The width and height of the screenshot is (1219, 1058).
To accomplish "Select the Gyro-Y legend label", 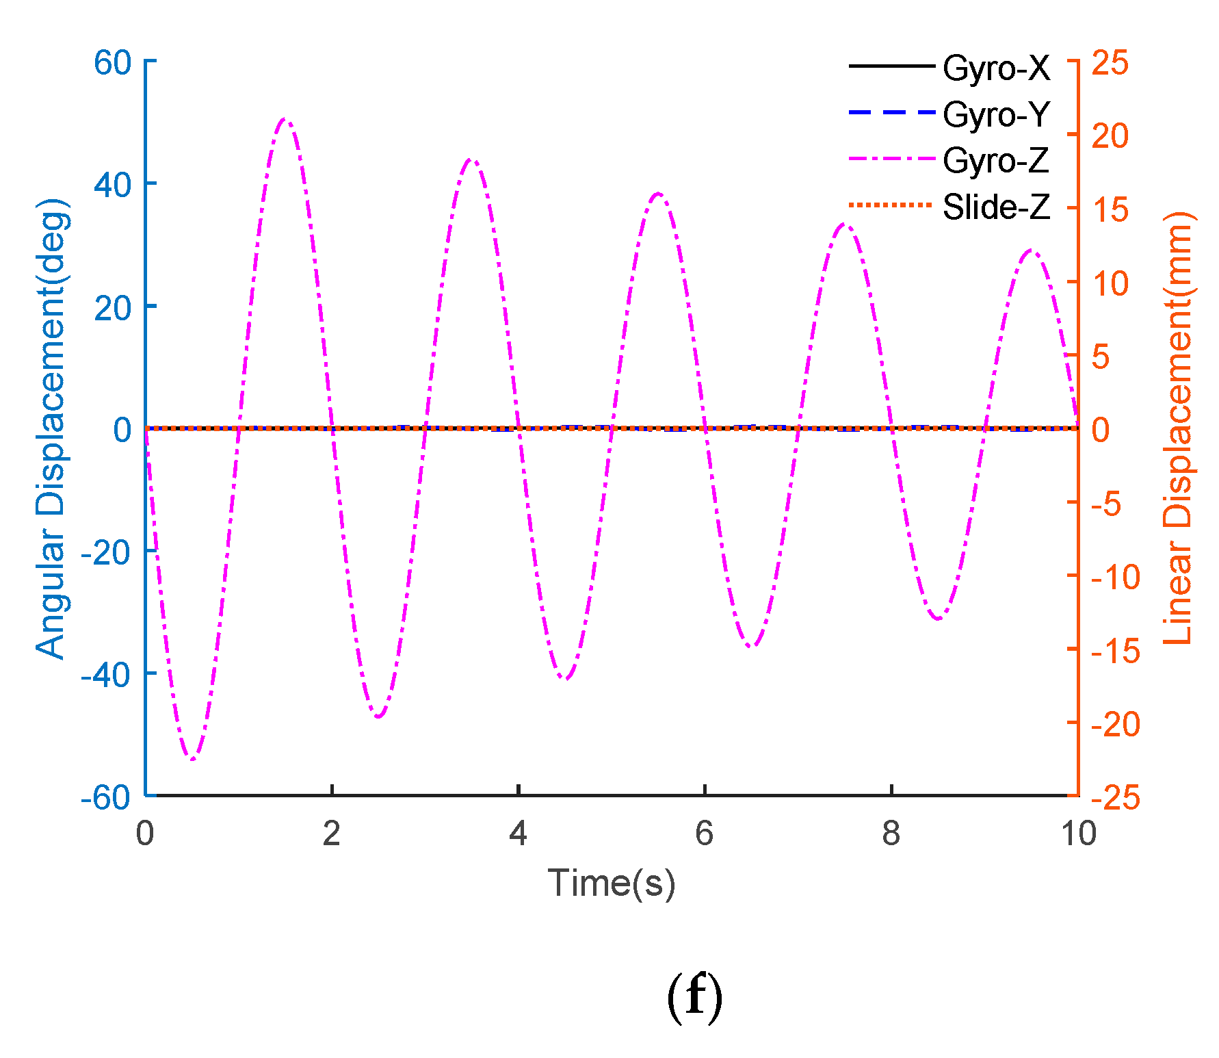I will click(995, 114).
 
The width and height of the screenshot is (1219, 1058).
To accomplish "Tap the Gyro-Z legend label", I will click(995, 161).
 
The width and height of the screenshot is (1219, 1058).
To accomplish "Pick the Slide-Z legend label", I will click(995, 207).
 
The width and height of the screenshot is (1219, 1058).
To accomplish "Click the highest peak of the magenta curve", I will click(285, 120).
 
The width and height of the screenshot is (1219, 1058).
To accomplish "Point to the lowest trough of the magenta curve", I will click(192, 758).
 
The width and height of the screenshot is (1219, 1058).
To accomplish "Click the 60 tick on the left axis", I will click(113, 63).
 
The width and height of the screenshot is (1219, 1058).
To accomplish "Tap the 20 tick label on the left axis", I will click(113, 308).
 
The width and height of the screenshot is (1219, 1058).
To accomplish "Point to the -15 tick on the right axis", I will click(1115, 650).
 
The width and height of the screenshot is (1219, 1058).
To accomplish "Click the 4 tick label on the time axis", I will click(518, 834).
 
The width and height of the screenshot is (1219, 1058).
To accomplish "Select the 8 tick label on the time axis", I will click(891, 834).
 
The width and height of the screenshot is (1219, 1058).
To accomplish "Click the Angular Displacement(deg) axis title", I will click(52, 429).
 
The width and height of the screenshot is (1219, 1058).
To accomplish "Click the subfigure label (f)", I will click(694, 996).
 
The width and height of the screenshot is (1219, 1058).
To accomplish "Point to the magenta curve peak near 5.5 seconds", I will click(658, 194).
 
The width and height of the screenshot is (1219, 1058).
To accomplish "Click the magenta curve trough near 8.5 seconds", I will click(938, 619).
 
